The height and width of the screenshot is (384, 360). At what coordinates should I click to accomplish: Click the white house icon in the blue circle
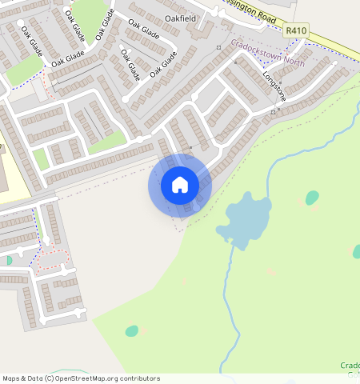(x=180, y=186)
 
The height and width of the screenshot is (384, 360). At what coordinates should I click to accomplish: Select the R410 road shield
(x=296, y=30)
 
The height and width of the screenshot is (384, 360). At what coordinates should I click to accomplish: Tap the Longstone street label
(x=274, y=86)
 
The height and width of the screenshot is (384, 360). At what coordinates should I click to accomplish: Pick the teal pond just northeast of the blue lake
(x=311, y=198)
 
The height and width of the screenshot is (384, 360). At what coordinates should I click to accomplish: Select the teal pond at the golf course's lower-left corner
(x=131, y=330)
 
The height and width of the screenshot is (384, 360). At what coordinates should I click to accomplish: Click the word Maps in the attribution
(x=13, y=378)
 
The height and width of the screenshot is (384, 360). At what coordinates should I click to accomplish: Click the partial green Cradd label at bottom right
(x=350, y=366)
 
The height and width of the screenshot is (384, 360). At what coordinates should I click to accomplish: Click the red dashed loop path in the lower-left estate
(x=52, y=259)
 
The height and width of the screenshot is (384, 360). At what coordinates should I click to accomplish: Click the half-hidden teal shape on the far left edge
(x=8, y=260)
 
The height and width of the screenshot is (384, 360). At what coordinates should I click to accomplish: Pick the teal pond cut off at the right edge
(x=356, y=251)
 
